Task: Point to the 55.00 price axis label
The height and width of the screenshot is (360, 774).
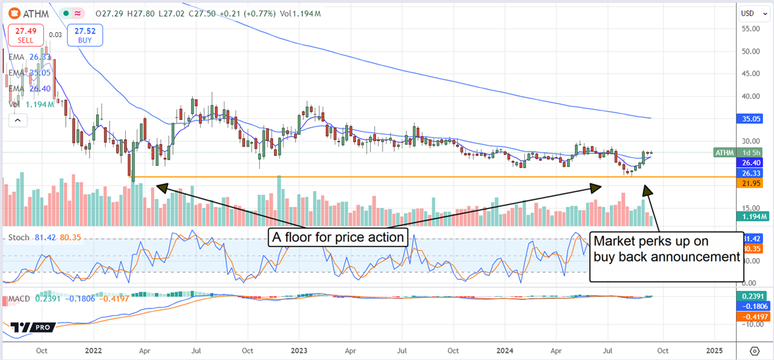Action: click(750, 29)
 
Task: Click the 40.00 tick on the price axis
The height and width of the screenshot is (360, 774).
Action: click(750, 97)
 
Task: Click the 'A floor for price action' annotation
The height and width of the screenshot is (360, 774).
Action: click(337, 238)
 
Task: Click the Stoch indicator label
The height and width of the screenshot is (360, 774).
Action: click(18, 237)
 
